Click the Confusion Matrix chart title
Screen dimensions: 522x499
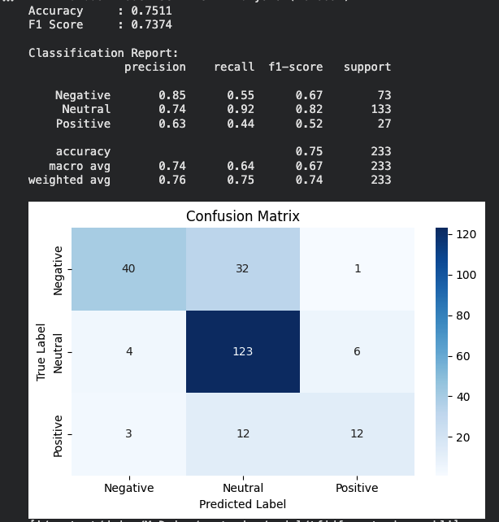[x=242, y=216]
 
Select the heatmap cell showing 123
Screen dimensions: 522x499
[x=243, y=351]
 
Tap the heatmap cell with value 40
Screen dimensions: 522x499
[x=128, y=269]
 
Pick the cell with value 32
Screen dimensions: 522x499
[x=243, y=269]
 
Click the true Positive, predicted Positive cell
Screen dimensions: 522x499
[x=357, y=433]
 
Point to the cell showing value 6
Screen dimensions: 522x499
[x=357, y=351]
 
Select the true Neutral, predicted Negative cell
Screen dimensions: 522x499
[x=128, y=351]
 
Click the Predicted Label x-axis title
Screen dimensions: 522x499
[x=242, y=504]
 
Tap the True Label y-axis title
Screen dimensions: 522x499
[x=41, y=351]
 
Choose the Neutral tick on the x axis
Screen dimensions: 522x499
[x=243, y=488]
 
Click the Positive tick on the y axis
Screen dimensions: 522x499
[x=59, y=434]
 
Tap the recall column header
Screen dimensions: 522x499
[x=234, y=67]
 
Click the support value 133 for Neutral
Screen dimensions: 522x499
[x=380, y=110]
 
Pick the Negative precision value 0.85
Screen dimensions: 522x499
[x=172, y=95]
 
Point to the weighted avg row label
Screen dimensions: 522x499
[x=69, y=180]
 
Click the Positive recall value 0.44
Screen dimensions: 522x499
[x=241, y=124]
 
